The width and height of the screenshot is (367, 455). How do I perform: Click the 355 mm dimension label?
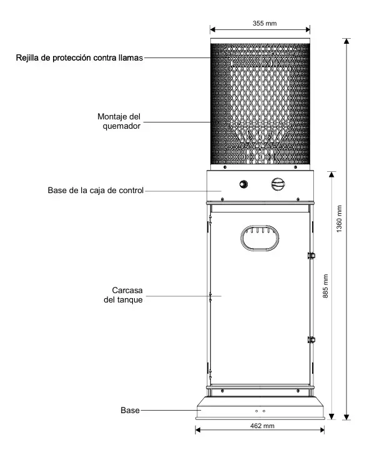click(265, 23)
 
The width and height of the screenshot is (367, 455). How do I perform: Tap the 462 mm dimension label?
click(262, 426)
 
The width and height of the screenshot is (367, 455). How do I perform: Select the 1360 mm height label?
click(339, 219)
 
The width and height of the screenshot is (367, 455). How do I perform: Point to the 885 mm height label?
click(325, 286)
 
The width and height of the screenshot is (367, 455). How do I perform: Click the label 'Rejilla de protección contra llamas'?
click(79, 57)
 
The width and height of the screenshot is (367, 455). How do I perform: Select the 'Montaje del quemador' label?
click(119, 121)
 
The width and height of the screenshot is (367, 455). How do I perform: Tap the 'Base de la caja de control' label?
click(95, 191)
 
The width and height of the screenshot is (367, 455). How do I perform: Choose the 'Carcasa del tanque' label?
click(124, 295)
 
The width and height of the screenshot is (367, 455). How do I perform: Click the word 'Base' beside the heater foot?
click(130, 410)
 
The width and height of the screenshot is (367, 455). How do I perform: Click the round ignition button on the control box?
click(243, 184)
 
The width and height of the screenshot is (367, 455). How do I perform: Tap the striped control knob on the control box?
click(278, 184)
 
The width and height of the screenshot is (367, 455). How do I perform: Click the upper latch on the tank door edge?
click(311, 256)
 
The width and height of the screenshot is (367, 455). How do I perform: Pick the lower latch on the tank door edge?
click(311, 339)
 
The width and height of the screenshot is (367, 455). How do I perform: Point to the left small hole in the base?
click(257, 411)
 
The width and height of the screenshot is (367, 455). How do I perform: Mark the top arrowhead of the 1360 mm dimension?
click(346, 41)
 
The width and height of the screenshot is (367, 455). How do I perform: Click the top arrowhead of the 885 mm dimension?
click(332, 174)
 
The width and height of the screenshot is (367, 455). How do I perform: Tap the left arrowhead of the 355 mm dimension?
click(213, 29)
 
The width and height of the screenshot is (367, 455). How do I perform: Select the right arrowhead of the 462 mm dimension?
click(322, 429)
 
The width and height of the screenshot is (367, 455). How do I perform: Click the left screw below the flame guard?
click(225, 167)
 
